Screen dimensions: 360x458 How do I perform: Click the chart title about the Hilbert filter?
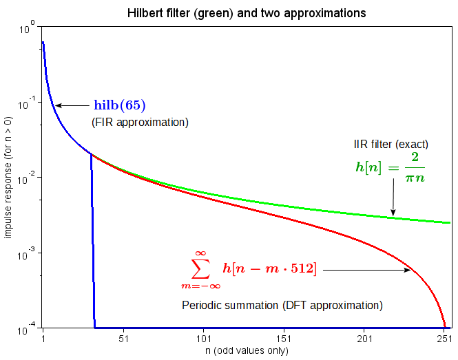[x=247, y=13]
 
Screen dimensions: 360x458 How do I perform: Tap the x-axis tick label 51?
[x=123, y=339]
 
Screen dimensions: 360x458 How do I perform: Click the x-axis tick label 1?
[x=43, y=339]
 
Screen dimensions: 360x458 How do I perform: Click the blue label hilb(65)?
[x=120, y=105]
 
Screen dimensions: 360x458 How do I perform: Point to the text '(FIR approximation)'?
[x=140, y=122]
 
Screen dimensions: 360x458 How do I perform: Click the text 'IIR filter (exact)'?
[x=390, y=145]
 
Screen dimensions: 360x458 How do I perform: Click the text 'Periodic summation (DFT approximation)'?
[x=282, y=304]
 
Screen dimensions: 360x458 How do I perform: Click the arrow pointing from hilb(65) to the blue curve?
[x=72, y=105]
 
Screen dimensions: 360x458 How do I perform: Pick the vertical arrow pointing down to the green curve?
[x=393, y=200]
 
